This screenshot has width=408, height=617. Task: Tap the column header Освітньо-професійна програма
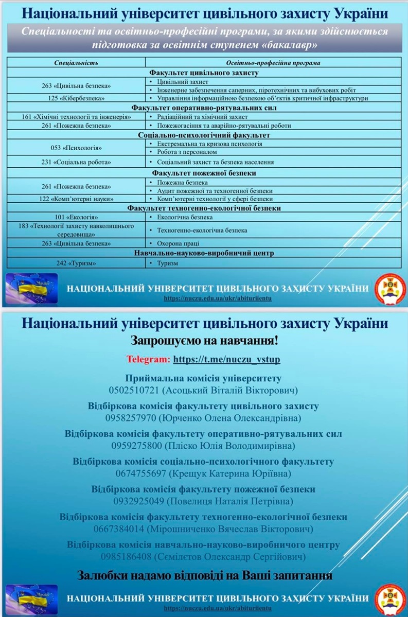coord(273,62)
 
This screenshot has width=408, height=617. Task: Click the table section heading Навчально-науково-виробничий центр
coord(204,253)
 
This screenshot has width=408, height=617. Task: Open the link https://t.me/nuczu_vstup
coord(226,359)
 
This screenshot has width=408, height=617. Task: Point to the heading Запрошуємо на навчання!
coord(204,341)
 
